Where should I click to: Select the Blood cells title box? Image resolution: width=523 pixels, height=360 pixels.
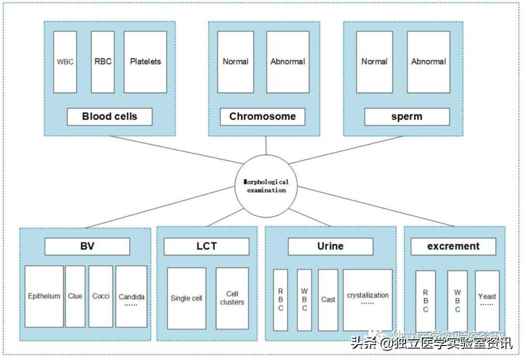[x=109, y=117]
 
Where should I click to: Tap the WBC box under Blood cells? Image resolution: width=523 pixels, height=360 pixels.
[x=65, y=62]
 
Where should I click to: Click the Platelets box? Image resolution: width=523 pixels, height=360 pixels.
[x=145, y=62]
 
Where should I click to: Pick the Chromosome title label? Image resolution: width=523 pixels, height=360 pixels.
[x=262, y=117]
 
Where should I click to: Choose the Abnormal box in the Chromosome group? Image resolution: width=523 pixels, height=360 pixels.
[x=288, y=62]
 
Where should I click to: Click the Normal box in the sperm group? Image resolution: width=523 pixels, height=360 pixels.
[x=374, y=62]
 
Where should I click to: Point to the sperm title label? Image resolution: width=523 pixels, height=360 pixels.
[x=407, y=117]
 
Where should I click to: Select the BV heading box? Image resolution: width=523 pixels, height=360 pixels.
[x=87, y=246]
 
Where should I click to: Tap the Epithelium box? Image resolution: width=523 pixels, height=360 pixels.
[x=44, y=296]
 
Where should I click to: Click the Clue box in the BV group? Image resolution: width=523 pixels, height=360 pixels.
[x=75, y=296]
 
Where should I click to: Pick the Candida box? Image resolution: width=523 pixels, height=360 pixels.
[x=131, y=296]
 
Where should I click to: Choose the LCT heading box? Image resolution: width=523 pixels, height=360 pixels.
[x=206, y=246]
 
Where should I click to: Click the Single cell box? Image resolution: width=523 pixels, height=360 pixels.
[x=186, y=298]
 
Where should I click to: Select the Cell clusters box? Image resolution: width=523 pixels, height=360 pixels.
[x=232, y=298]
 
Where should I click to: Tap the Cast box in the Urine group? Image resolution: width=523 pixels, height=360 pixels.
[x=328, y=300]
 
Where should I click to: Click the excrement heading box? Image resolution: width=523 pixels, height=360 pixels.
[x=453, y=246]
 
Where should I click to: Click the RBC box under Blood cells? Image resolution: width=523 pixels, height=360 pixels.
[x=103, y=62]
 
